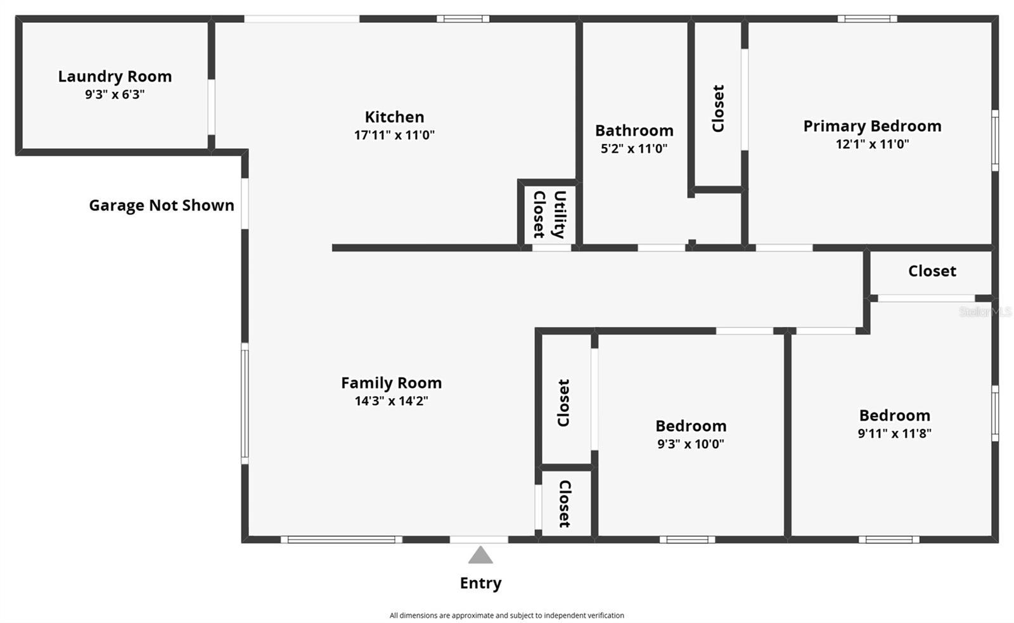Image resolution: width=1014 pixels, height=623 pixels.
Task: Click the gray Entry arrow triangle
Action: [x=480, y=556]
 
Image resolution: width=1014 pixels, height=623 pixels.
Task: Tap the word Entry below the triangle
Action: [x=480, y=583]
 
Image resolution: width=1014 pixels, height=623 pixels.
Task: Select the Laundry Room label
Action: [x=115, y=77]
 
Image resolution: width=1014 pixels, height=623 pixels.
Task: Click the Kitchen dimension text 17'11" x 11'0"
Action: [x=394, y=135]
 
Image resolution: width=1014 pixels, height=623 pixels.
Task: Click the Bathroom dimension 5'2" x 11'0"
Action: [x=634, y=149]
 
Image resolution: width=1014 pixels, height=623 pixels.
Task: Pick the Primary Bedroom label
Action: [x=872, y=126]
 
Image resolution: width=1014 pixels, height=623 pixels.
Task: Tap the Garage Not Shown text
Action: [x=162, y=205]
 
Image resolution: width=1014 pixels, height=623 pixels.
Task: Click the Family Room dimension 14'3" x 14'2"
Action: [x=391, y=401]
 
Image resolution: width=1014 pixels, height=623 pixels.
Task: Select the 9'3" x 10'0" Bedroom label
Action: [x=691, y=426]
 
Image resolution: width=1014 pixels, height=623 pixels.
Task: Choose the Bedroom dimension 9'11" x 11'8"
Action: [x=894, y=434]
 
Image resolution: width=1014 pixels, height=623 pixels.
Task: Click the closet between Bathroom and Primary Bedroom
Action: [x=718, y=108]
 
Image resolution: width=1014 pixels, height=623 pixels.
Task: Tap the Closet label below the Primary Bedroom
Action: [x=932, y=271]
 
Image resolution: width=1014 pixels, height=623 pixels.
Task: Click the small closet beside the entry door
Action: [x=565, y=504]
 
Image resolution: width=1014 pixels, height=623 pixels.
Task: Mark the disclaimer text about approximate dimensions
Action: [x=506, y=615]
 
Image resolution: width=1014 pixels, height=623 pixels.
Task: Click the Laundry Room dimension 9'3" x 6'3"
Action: [x=115, y=94]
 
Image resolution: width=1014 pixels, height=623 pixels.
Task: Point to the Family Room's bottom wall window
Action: [x=341, y=540]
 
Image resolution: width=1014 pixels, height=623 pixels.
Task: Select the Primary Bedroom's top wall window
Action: [x=866, y=19]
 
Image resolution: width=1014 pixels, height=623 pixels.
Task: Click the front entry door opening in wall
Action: [x=478, y=540]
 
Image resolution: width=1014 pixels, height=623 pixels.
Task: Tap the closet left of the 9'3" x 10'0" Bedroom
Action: [x=564, y=402]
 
